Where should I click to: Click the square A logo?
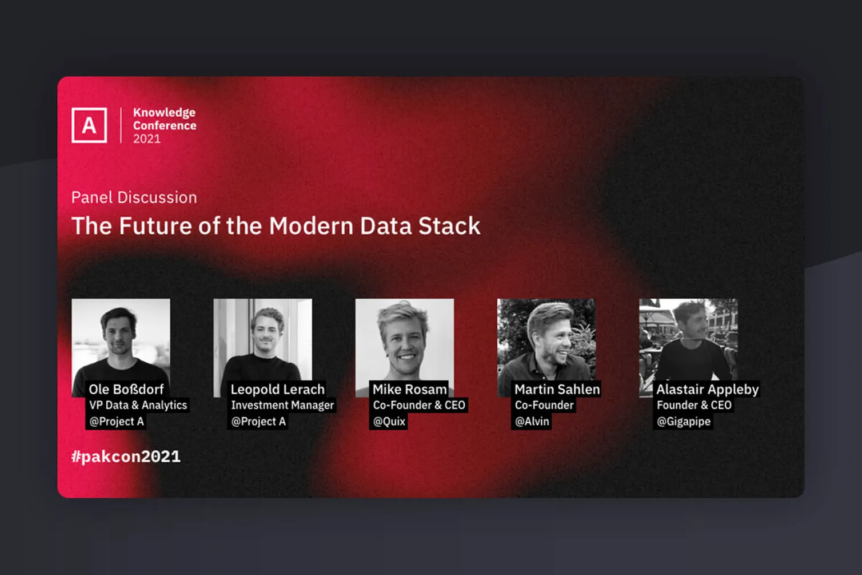point(89,125)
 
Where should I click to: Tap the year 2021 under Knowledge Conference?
point(147,139)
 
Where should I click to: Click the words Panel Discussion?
point(134,197)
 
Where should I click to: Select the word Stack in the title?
point(449,226)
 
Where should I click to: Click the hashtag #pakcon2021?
point(126,457)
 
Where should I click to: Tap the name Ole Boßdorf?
point(126,390)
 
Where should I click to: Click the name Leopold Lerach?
point(277,390)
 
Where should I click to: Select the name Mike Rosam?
point(409,390)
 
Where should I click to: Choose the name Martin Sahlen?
point(557,390)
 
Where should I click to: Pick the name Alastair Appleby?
point(707,390)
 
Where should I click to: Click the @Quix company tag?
point(389,422)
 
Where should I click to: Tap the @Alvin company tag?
point(532,422)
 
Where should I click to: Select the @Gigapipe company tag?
point(683,422)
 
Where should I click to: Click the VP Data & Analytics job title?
point(138,405)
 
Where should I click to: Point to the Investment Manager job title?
point(282,405)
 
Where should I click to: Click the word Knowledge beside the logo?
point(164,113)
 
